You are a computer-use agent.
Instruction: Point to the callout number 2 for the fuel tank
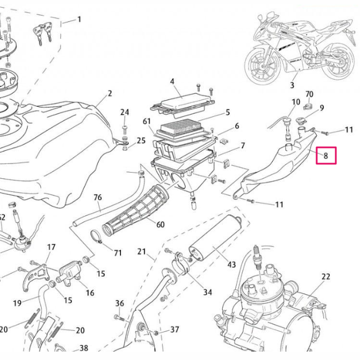(110, 93)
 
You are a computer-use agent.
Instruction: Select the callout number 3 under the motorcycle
(292, 85)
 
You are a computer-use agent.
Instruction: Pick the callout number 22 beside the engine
(326, 276)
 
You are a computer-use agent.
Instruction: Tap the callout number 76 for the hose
(97, 197)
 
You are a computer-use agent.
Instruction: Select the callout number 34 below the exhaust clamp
(208, 292)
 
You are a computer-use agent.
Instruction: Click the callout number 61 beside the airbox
(147, 121)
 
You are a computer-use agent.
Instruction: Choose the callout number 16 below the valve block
(89, 292)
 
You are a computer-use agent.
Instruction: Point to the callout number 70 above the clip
(309, 93)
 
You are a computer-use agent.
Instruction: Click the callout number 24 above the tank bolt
(125, 112)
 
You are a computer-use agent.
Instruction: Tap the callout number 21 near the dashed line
(142, 251)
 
